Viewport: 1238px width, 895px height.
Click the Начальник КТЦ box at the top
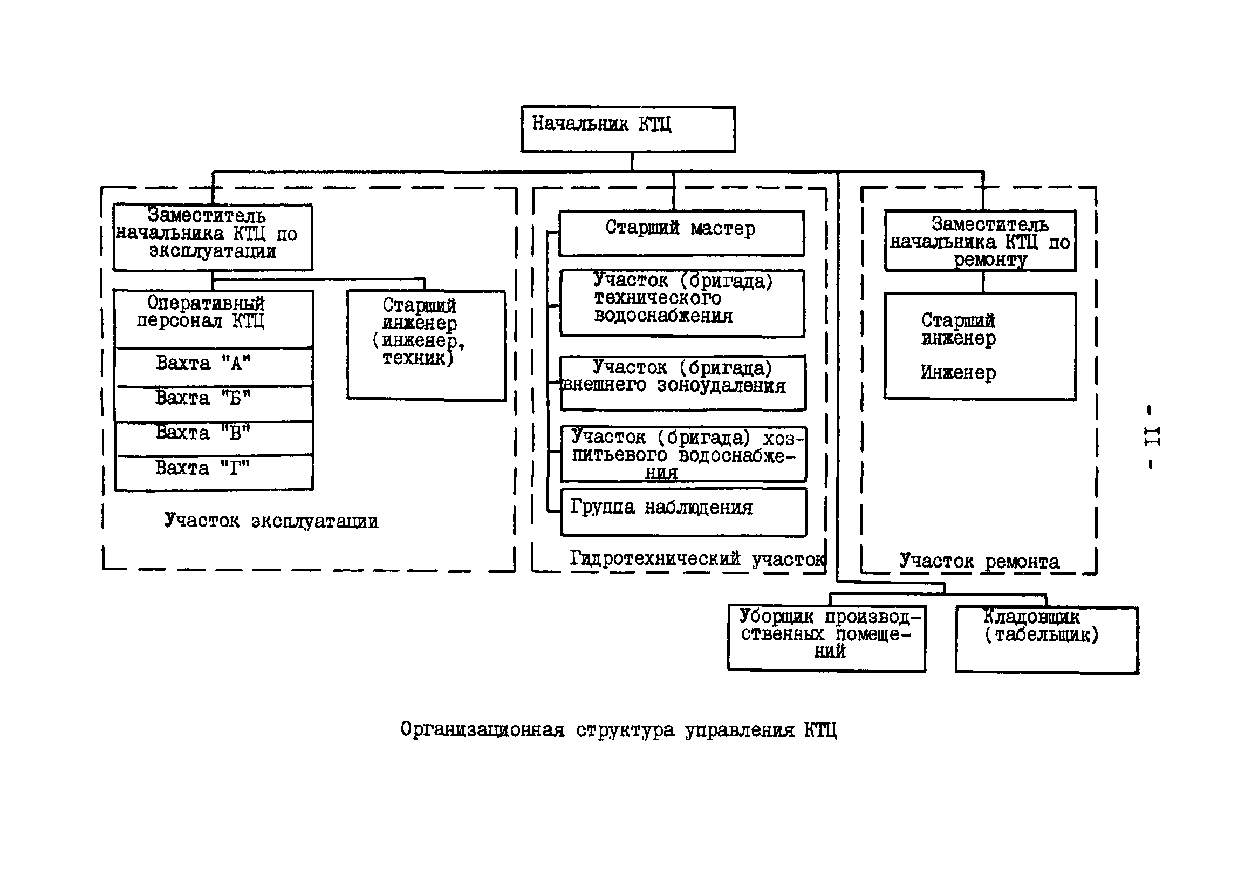(x=627, y=129)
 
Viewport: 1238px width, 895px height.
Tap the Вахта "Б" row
(x=213, y=403)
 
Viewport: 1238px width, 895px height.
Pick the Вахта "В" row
(x=213, y=438)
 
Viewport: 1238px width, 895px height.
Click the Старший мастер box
(x=681, y=233)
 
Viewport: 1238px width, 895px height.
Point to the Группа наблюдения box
(x=683, y=511)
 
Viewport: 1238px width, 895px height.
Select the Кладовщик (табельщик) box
(x=1045, y=639)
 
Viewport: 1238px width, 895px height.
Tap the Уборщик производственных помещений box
(x=826, y=638)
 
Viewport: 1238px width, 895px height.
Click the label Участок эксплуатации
(x=271, y=521)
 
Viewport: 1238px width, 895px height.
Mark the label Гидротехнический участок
(x=697, y=559)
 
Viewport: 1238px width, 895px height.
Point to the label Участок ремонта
(x=979, y=562)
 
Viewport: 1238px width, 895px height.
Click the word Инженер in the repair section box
(x=958, y=373)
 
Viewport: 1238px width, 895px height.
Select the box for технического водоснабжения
(x=682, y=303)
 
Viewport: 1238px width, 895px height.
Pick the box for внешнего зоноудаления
(x=683, y=382)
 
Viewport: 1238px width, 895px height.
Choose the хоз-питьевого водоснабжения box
(x=683, y=453)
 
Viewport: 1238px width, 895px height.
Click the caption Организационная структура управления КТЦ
(x=618, y=730)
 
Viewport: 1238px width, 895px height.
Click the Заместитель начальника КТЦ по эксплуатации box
(x=213, y=237)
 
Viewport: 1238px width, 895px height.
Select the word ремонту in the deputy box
(x=990, y=261)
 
